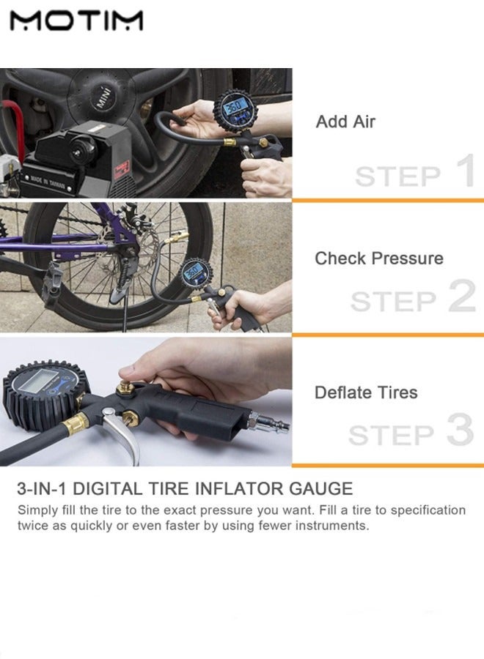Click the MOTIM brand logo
point(76,21)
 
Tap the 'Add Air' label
point(345,122)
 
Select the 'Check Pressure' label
point(379,259)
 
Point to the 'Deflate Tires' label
point(366,392)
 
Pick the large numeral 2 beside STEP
point(462,296)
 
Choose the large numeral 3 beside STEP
point(460,430)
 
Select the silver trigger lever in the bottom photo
point(123,435)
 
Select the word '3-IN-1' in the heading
point(42,489)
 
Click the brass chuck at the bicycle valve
point(177,241)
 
